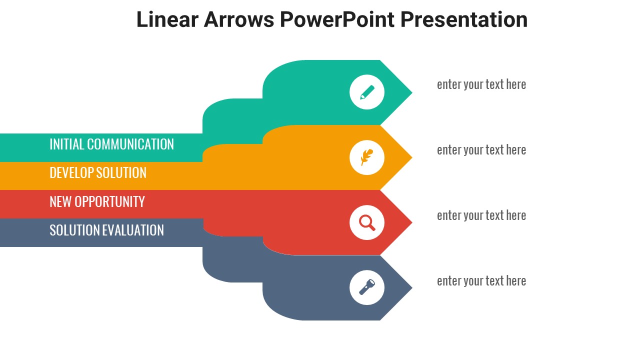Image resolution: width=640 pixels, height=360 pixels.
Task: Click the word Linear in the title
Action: [167, 19]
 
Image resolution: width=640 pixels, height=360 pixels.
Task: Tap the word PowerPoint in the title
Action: [337, 19]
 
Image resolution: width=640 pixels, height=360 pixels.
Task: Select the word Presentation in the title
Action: [463, 19]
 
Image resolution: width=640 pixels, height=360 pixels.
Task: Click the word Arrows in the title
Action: [239, 19]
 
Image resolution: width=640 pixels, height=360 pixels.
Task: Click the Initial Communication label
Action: [111, 144]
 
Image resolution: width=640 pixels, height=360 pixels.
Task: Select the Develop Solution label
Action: [98, 173]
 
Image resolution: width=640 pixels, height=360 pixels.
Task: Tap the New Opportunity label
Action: [97, 201]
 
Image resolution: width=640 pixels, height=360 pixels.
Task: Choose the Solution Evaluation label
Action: [107, 230]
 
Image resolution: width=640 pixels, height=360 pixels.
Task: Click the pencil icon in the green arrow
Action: [367, 92]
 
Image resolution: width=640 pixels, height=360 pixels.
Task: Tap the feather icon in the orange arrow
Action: [367, 157]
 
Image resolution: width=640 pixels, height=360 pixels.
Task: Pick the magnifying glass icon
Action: [367, 222]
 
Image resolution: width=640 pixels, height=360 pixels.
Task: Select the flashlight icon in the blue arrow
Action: [367, 287]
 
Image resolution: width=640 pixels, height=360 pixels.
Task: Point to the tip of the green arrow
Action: [412, 92]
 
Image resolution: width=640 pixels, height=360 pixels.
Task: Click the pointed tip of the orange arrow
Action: [412, 157]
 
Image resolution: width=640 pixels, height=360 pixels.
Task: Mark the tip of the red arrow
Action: [412, 222]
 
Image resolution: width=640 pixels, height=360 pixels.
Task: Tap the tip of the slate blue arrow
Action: [412, 287]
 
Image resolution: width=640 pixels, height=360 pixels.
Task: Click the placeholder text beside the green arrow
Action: [481, 84]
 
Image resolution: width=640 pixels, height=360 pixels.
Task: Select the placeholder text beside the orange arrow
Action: [481, 150]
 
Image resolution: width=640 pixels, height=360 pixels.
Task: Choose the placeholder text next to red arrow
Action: [481, 215]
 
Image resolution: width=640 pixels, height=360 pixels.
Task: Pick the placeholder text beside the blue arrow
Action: [481, 281]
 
